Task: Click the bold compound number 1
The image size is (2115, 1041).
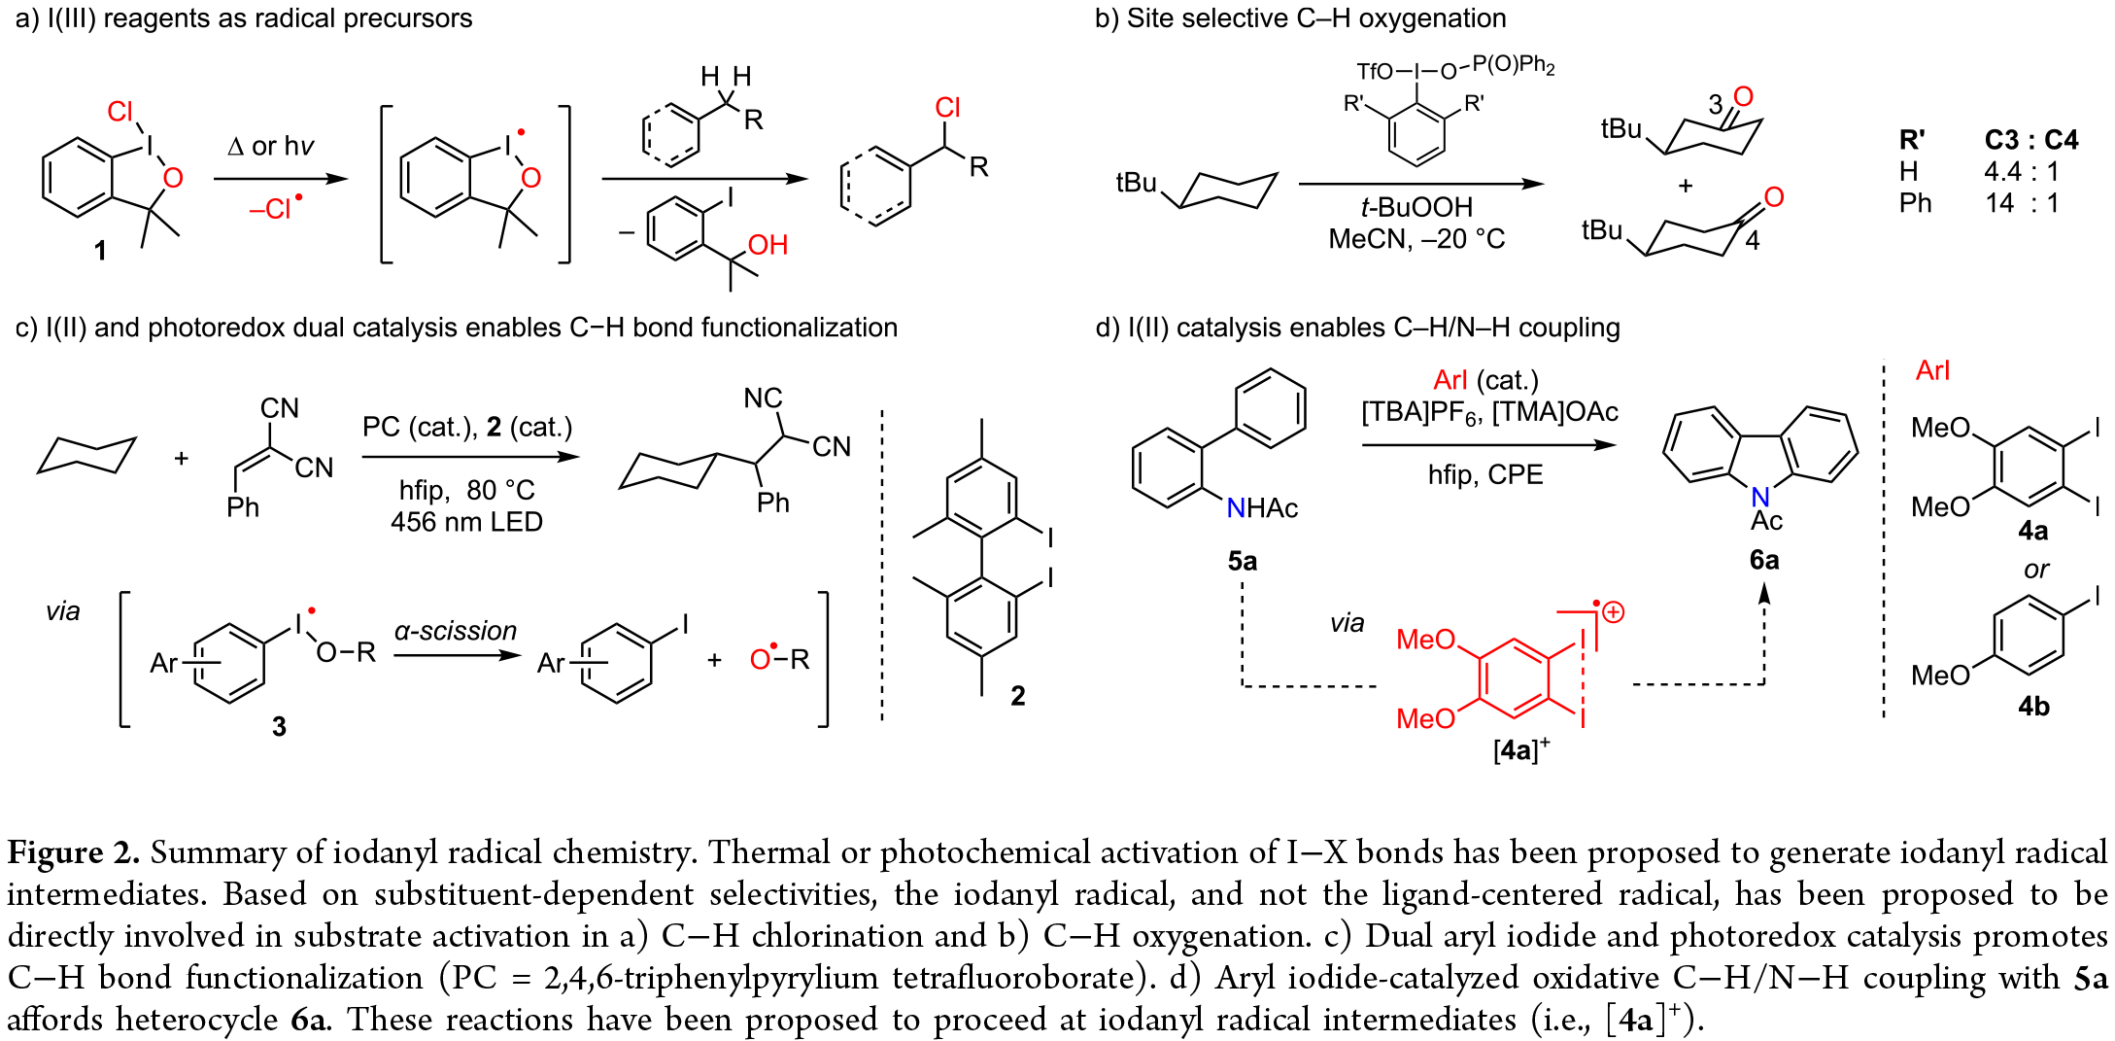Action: [100, 251]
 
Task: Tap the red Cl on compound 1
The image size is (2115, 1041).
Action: [120, 112]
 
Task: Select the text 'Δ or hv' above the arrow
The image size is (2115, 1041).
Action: [271, 147]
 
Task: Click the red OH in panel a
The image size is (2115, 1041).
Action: [768, 245]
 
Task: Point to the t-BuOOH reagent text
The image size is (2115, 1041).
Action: [1416, 207]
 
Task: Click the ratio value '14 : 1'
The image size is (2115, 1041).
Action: [2022, 203]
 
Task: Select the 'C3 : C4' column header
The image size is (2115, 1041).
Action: [2030, 140]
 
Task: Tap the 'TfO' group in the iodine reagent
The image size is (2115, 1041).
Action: [1374, 72]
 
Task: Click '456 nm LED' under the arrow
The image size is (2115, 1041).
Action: [466, 522]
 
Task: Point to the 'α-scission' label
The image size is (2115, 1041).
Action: [455, 631]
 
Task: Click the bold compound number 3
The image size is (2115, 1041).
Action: [279, 726]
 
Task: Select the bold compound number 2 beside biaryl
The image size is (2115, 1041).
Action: [1017, 696]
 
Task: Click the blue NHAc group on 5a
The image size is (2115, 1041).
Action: [1262, 508]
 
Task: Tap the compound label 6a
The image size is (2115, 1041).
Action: [1764, 560]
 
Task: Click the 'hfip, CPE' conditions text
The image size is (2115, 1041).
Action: [1485, 474]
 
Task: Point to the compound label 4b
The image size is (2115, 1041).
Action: [2033, 707]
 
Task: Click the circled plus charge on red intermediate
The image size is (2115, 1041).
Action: [1614, 612]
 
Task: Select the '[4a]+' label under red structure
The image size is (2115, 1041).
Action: [1521, 749]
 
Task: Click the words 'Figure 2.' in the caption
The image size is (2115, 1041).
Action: [73, 852]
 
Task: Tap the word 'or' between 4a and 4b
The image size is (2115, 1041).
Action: [2036, 570]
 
